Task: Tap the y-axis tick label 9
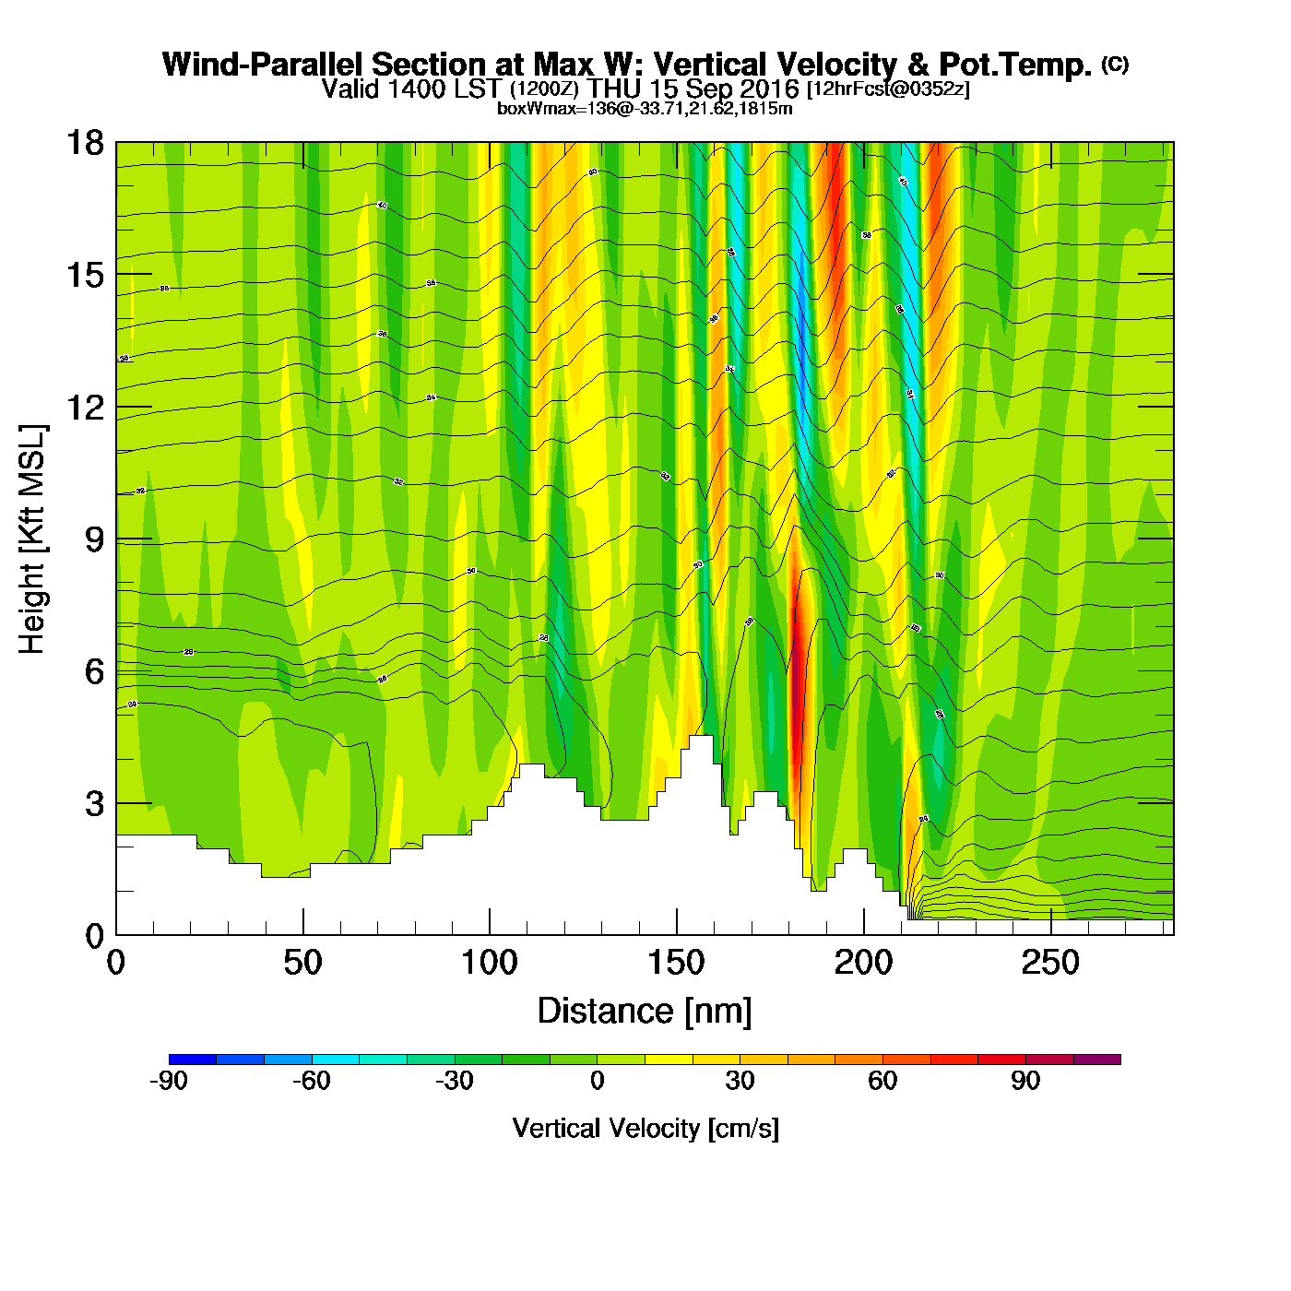click(94, 539)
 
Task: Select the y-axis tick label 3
click(94, 804)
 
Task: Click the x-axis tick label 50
click(302, 964)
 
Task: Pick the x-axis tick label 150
click(676, 964)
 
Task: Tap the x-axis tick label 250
click(1050, 964)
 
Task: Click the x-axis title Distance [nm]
click(645, 1012)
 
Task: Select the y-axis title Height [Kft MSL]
click(32, 539)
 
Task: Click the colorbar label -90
click(168, 1082)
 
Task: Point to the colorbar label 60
click(882, 1082)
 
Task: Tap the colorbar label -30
click(454, 1082)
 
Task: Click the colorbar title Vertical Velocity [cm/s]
click(645, 1128)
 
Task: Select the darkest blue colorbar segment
click(193, 1060)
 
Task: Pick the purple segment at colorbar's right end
click(1097, 1060)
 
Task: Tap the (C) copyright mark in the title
click(1115, 64)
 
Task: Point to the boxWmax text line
click(645, 109)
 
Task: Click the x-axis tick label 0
click(116, 964)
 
